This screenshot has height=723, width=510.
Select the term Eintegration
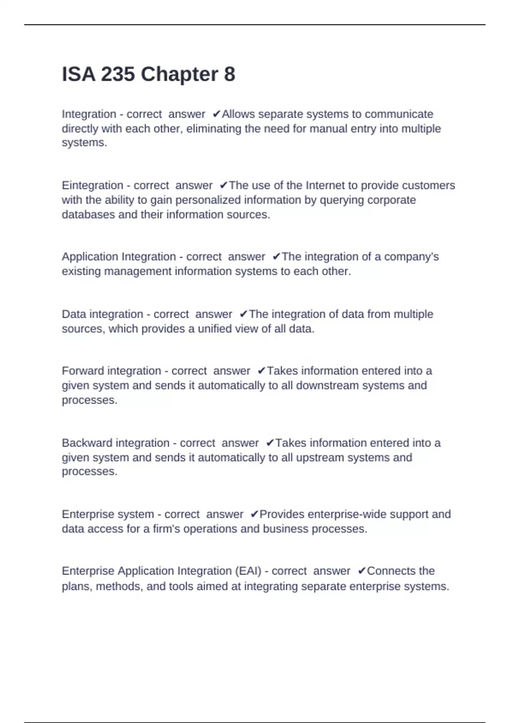pyautogui.click(x=92, y=185)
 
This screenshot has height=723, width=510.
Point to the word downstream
pyautogui.click(x=329, y=385)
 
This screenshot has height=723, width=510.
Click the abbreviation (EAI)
pyautogui.click(x=248, y=571)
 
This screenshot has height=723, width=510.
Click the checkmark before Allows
pyautogui.click(x=216, y=114)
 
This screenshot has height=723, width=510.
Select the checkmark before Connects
pyautogui.click(x=362, y=571)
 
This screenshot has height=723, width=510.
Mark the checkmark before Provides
pyautogui.click(x=254, y=514)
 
